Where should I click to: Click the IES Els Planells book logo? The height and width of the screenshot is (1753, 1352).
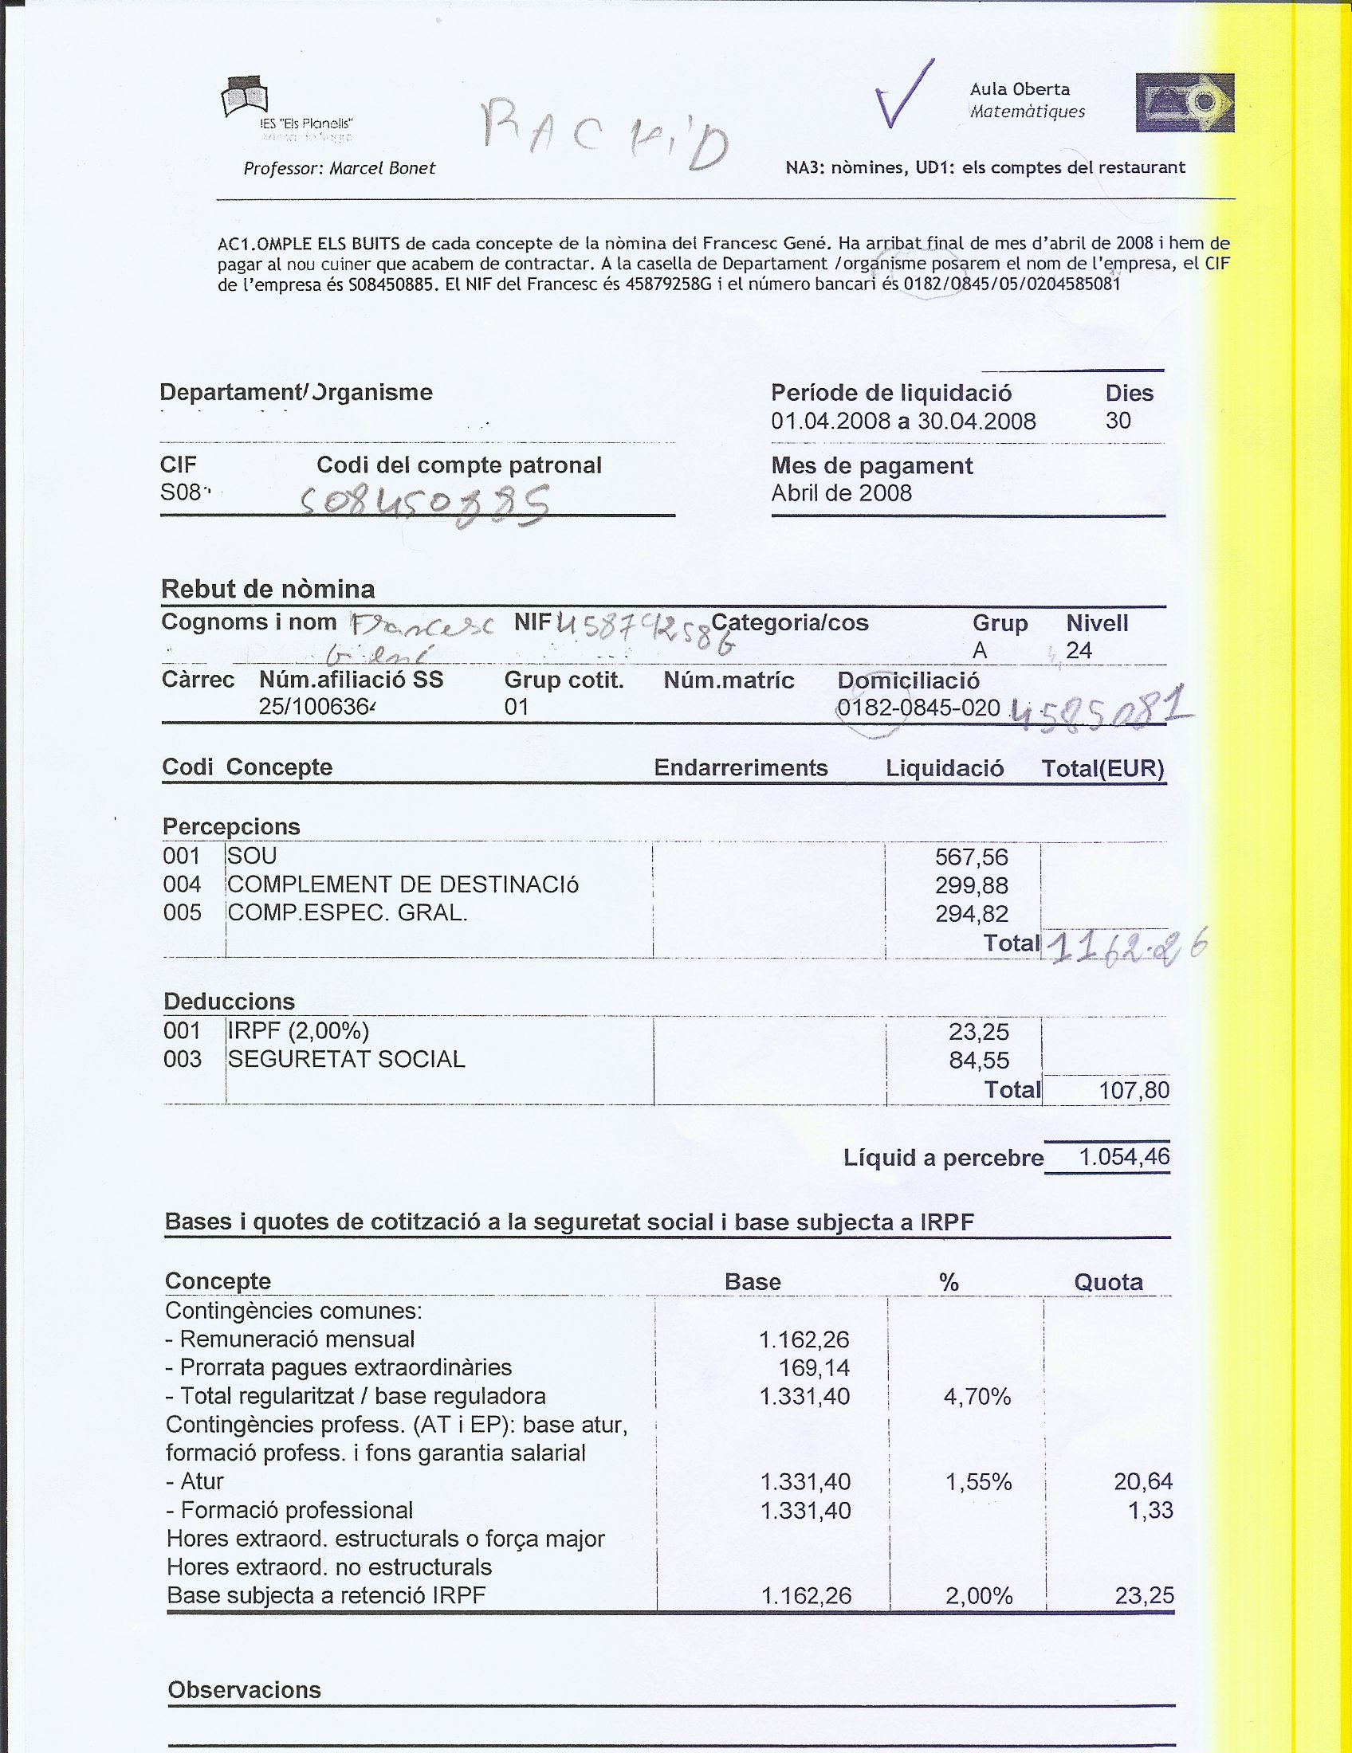245,97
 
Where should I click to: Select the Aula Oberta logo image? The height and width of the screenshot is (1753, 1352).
1185,103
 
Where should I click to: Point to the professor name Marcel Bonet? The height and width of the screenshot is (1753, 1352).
382,169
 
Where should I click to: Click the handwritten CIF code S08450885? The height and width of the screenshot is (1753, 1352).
426,505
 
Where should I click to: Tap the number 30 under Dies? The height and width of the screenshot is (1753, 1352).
1118,421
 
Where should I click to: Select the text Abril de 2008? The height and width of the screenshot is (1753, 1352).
841,492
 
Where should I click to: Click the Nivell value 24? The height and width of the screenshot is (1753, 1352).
1079,650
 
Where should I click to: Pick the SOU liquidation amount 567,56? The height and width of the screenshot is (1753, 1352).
972,857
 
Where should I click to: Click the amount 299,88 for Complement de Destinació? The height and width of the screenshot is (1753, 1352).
972,886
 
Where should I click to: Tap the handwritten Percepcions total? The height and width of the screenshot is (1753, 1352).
1127,947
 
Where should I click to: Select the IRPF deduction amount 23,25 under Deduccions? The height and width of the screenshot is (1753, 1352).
979,1032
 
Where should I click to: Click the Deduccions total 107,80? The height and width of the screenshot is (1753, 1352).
1134,1091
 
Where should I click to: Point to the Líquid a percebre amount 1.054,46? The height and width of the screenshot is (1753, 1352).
1124,1158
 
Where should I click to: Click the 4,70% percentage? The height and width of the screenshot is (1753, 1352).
977,1398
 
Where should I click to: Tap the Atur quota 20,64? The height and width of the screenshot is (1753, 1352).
1143,1482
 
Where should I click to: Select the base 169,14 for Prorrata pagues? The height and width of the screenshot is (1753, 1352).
814,1368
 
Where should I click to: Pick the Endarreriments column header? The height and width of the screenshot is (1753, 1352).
741,768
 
